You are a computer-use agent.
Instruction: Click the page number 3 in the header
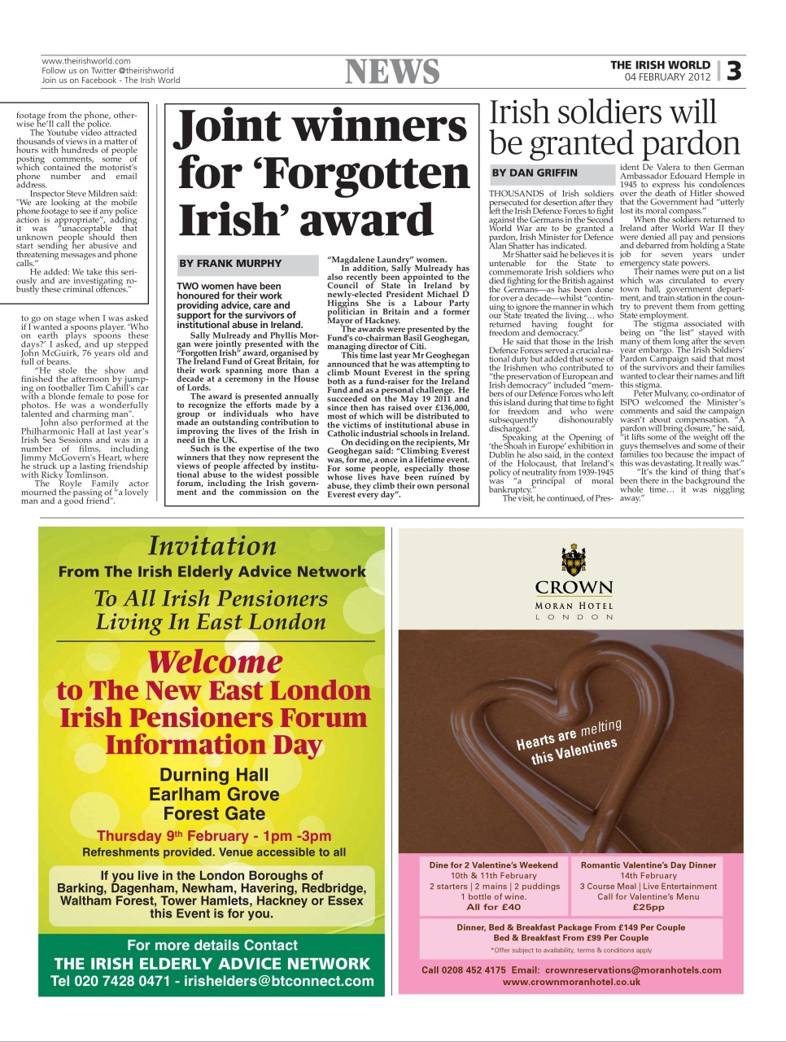pos(734,71)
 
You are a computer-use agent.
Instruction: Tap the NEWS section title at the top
pos(392,72)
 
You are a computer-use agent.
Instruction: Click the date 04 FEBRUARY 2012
pos(667,77)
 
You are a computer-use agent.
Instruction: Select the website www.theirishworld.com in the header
pos(86,61)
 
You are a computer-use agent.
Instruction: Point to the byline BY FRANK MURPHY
pos(230,264)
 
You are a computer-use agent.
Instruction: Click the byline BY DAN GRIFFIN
pos(535,173)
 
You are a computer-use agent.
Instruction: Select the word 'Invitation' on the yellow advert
pos(212,546)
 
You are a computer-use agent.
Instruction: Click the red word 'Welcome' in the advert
pos(215,662)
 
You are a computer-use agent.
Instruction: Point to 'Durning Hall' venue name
pos(214,775)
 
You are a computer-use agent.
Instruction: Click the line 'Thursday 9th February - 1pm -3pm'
pos(214,836)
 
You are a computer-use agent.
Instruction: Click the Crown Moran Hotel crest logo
pos(574,561)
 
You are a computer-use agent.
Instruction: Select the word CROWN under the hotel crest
pos(574,588)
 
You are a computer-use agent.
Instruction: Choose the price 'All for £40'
pos(493,907)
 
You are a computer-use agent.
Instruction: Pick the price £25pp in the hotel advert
pos(648,907)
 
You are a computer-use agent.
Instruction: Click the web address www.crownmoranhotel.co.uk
pos(571,982)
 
